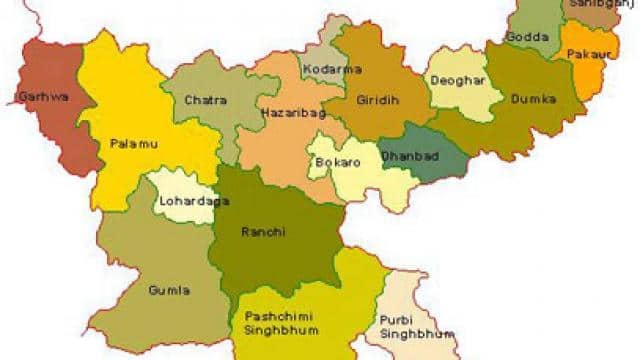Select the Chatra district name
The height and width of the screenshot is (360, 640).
pyautogui.click(x=207, y=100)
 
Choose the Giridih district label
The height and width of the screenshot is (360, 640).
pyautogui.click(x=377, y=100)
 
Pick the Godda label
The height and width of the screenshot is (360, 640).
pyautogui.click(x=527, y=37)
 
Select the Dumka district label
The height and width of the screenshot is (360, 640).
pyautogui.click(x=529, y=101)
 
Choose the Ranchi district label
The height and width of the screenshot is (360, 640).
pyautogui.click(x=264, y=232)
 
